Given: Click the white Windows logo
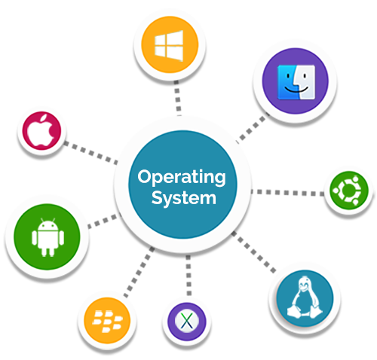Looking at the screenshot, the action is point(169,46).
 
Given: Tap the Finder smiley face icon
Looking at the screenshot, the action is point(296,82).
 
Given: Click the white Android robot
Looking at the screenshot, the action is point(48,237).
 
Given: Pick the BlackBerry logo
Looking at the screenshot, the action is point(107,321).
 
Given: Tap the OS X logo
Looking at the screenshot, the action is point(187,322).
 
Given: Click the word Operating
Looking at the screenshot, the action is point(182,177).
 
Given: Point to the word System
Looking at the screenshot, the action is point(184,198).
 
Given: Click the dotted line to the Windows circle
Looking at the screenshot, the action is point(177,98).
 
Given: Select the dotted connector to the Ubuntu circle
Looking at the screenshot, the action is point(287,193).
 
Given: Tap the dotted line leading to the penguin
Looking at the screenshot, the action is point(253,252).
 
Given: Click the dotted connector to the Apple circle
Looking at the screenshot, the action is point(90,153).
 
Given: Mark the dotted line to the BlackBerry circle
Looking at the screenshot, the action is point(139,272).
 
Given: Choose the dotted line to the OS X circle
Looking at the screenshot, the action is point(188,275).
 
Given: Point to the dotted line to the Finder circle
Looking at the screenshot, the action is point(252,128).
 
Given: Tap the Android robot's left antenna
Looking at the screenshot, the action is point(42,220).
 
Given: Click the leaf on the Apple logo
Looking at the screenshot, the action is point(44,117).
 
